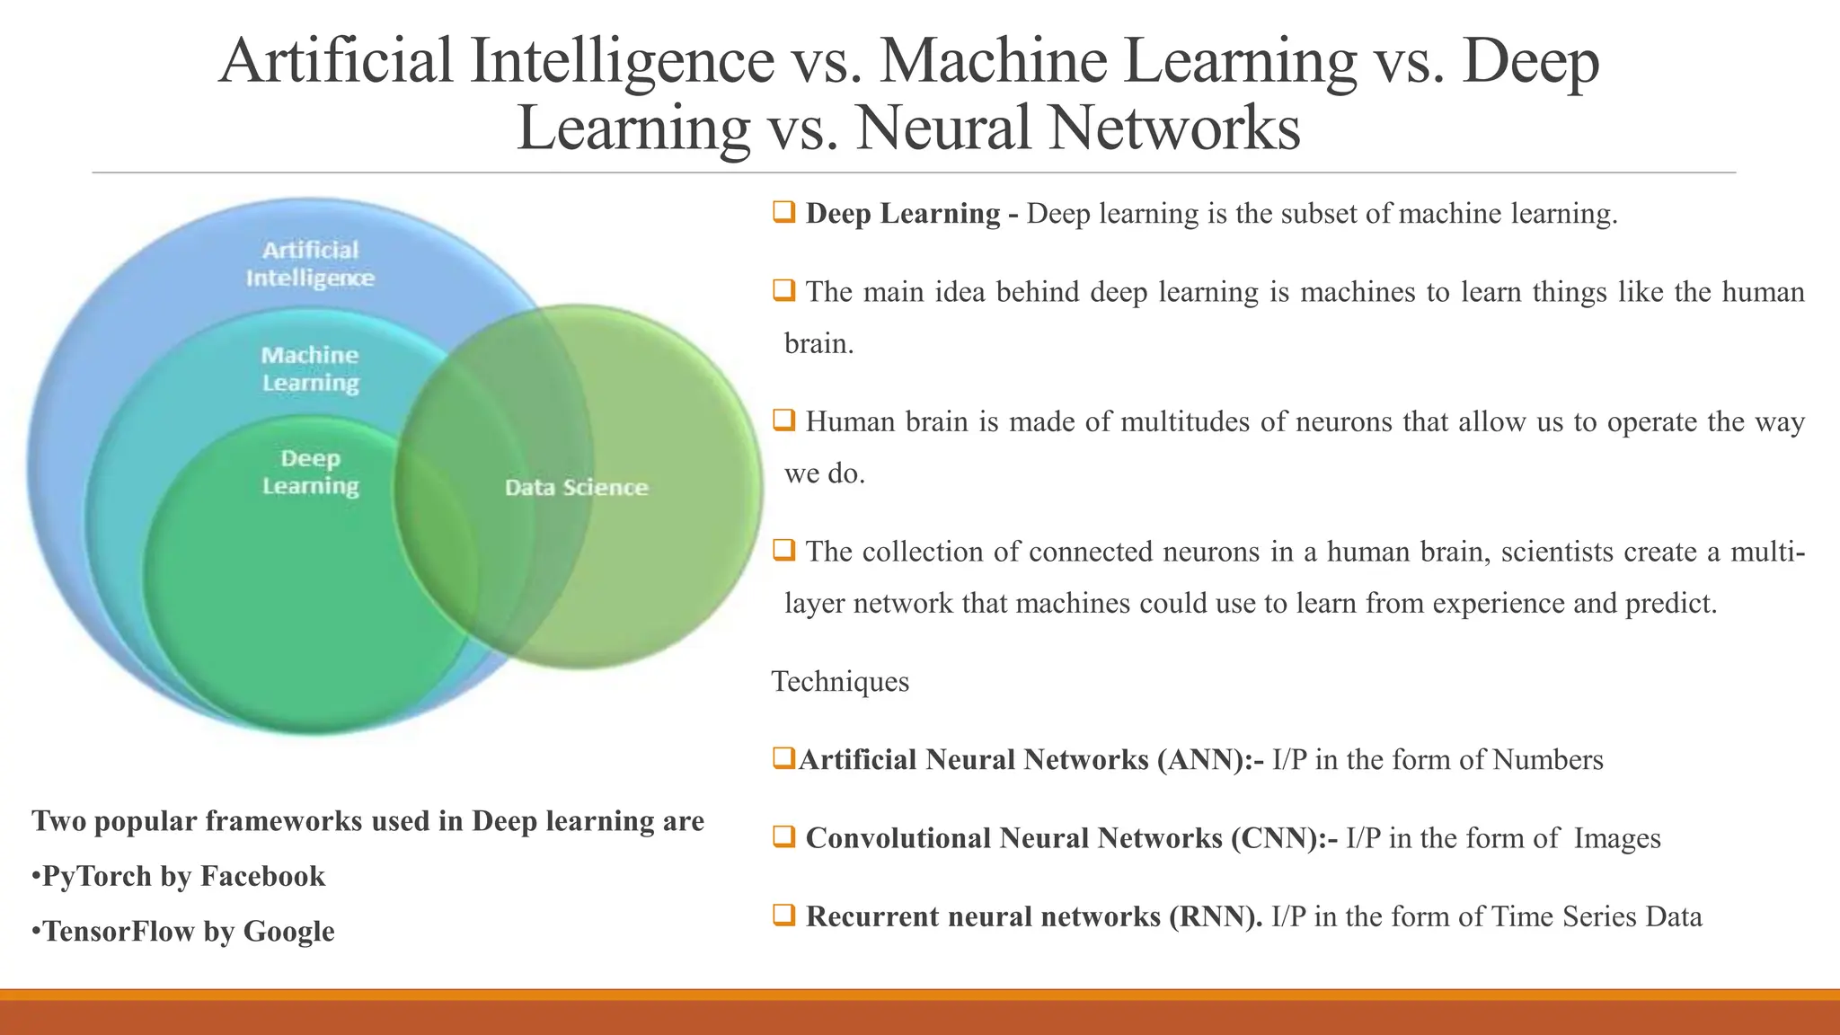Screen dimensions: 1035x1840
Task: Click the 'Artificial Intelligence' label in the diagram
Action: [x=310, y=263]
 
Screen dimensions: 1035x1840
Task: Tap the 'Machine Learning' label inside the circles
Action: [x=310, y=368]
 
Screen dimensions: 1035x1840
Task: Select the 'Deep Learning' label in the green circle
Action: [x=310, y=472]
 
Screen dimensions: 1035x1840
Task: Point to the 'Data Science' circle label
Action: [x=576, y=487]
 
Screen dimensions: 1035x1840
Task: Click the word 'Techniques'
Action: [x=840, y=681]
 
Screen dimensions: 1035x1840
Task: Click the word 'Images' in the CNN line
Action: [x=1617, y=838]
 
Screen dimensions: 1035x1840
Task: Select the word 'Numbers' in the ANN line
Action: [x=1547, y=760]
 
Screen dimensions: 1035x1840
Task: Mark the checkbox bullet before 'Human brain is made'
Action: [x=783, y=420]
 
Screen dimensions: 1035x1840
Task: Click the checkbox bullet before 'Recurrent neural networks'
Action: [x=783, y=915]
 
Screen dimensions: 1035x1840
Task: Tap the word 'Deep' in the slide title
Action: [x=1530, y=61]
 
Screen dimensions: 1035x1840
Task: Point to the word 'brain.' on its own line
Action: [x=818, y=344]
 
